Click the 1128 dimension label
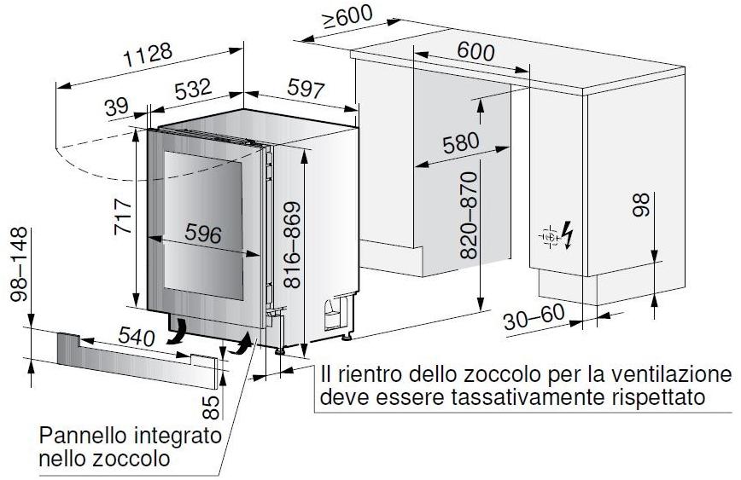tap(148, 55)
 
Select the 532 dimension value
tap(193, 89)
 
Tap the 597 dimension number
tap(306, 89)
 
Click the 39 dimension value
tap(116, 107)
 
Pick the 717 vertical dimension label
tap(123, 217)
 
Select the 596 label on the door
tap(203, 233)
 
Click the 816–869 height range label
tap(293, 245)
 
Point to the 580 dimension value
tap(461, 143)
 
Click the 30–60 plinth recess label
tap(534, 317)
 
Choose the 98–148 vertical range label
tap(20, 264)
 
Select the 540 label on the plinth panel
tap(137, 336)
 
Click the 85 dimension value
tap(212, 408)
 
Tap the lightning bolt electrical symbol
tap(568, 234)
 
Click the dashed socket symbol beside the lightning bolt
tap(550, 236)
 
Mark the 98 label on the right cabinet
tap(641, 205)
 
